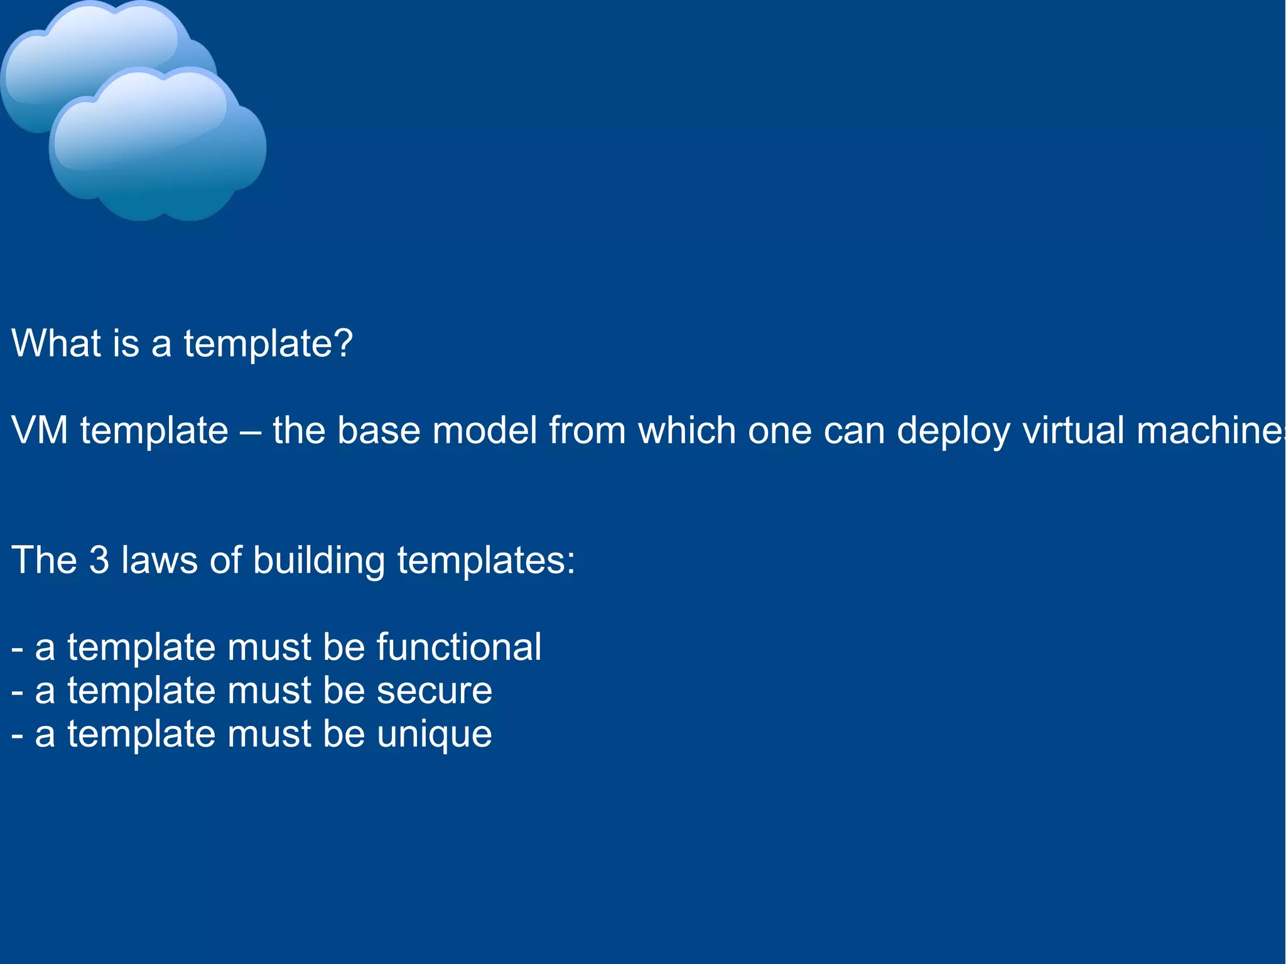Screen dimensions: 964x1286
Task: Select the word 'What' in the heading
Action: click(x=57, y=344)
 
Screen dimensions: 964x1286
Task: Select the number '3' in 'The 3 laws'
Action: click(x=99, y=560)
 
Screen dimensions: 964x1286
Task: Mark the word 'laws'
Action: click(x=159, y=560)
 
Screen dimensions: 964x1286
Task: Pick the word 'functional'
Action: click(x=458, y=647)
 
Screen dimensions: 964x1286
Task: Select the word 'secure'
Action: click(x=434, y=691)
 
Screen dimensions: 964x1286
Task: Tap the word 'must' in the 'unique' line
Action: click(x=269, y=734)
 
